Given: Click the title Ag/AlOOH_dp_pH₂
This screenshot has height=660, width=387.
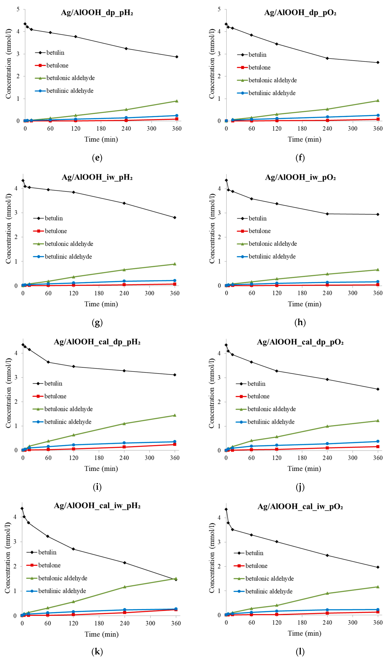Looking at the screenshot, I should pyautogui.click(x=97, y=13).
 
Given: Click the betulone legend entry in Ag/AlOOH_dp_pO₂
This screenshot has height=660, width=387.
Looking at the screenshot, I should pyautogui.click(x=259, y=68).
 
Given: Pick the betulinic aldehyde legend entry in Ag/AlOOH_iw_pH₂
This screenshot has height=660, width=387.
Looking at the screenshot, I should pyautogui.click(x=68, y=257).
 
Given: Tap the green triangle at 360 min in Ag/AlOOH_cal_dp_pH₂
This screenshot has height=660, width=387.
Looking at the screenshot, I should pyautogui.click(x=175, y=415).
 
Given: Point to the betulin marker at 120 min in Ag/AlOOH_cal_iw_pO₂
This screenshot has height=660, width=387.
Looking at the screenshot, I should pyautogui.click(x=277, y=542).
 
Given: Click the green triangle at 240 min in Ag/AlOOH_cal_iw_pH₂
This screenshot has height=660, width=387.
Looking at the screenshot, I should pyautogui.click(x=125, y=587).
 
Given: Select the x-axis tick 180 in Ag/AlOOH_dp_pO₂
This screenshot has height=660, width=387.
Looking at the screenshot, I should pyautogui.click(x=302, y=129).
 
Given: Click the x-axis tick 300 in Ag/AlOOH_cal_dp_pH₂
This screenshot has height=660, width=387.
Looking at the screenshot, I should pyautogui.click(x=150, y=458).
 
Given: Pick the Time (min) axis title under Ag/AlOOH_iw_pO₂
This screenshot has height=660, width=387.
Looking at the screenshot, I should pyautogui.click(x=305, y=304).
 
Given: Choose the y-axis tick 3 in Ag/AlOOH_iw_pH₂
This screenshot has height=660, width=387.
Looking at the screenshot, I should pyautogui.click(x=16, y=213).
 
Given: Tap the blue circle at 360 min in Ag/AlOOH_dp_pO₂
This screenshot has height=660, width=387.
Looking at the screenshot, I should pyautogui.click(x=378, y=115).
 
